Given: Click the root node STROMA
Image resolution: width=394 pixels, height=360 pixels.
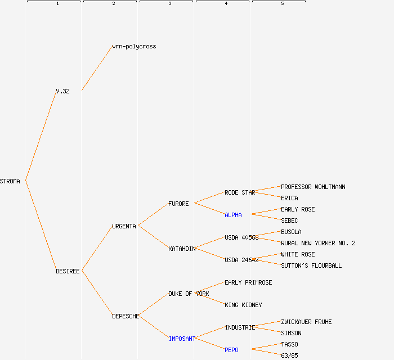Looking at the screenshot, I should pyautogui.click(x=10, y=181).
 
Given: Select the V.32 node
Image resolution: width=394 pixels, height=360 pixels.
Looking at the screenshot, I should pyautogui.click(x=62, y=91).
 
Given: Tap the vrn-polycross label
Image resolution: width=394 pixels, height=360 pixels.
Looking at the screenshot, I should pyautogui.click(x=134, y=46).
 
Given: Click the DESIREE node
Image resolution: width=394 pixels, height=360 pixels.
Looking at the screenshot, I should pyautogui.click(x=68, y=271).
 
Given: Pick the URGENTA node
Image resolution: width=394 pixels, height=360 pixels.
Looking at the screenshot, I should pyautogui.click(x=124, y=226).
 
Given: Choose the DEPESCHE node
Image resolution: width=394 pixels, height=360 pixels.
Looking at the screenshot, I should pyautogui.click(x=126, y=316).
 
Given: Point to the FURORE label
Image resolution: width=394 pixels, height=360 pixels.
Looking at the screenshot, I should pyautogui.click(x=178, y=204).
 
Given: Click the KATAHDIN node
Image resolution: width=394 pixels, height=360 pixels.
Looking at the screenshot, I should pyautogui.click(x=182, y=249).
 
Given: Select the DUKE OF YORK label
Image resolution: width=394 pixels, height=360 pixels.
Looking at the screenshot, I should pyautogui.click(x=189, y=294).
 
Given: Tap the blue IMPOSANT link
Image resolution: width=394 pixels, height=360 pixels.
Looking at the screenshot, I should pyautogui.click(x=182, y=339).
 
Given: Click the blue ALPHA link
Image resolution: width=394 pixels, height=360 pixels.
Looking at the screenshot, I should pyautogui.click(x=233, y=215).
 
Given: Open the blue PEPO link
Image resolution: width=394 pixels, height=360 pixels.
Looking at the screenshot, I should pyautogui.click(x=231, y=350).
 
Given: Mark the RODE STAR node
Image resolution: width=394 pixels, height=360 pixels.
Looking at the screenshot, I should pyautogui.click(x=240, y=192).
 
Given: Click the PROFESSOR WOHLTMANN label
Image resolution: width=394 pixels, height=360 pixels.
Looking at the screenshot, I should pyautogui.click(x=313, y=187).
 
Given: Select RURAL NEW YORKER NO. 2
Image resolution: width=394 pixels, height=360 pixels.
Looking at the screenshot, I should pyautogui.click(x=318, y=243).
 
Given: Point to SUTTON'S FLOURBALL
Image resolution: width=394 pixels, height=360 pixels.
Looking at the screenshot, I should pyautogui.click(x=311, y=265).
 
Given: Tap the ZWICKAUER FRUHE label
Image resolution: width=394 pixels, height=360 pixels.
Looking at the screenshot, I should pyautogui.click(x=306, y=322).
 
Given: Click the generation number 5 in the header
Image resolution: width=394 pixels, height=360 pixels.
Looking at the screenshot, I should pyautogui.click(x=282, y=4).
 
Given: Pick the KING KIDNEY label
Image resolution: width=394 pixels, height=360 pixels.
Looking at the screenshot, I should pyautogui.click(x=243, y=305).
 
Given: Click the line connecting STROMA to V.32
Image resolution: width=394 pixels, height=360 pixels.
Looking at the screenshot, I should pyautogui.click(x=41, y=136).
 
